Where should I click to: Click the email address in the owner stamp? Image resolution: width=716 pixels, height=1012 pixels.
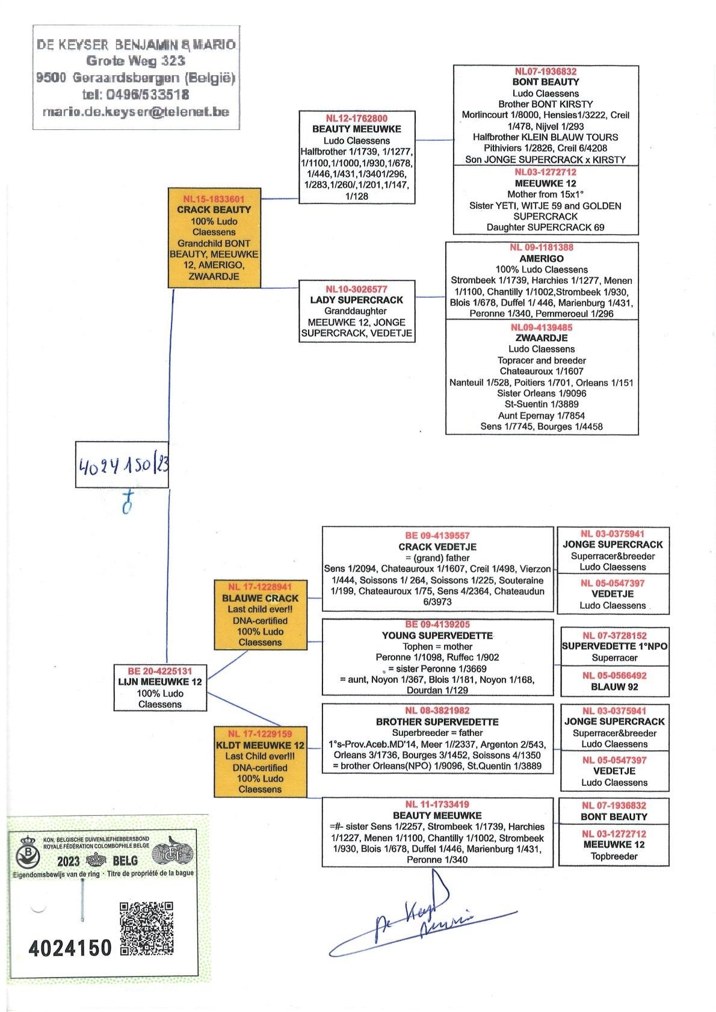135,111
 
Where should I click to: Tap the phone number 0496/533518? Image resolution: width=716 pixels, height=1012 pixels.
135,94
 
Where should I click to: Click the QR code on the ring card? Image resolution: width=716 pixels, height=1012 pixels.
147,928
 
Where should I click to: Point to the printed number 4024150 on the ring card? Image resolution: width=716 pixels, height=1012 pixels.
70,948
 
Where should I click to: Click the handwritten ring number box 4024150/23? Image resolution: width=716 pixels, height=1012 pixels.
121,464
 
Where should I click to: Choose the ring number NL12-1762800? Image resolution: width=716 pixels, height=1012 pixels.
357,118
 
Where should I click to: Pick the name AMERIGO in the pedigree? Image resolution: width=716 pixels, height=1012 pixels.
542,259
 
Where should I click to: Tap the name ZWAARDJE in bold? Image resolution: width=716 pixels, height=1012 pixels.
542,338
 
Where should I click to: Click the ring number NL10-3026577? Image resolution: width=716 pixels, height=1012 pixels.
357,289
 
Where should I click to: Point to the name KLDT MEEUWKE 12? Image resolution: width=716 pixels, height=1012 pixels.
260,745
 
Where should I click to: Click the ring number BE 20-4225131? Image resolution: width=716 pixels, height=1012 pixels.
159,671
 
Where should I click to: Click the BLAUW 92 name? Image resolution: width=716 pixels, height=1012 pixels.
614,686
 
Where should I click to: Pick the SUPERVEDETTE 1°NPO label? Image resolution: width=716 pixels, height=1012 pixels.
614,646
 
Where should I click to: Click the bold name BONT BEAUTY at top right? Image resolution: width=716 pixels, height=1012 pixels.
546,82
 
